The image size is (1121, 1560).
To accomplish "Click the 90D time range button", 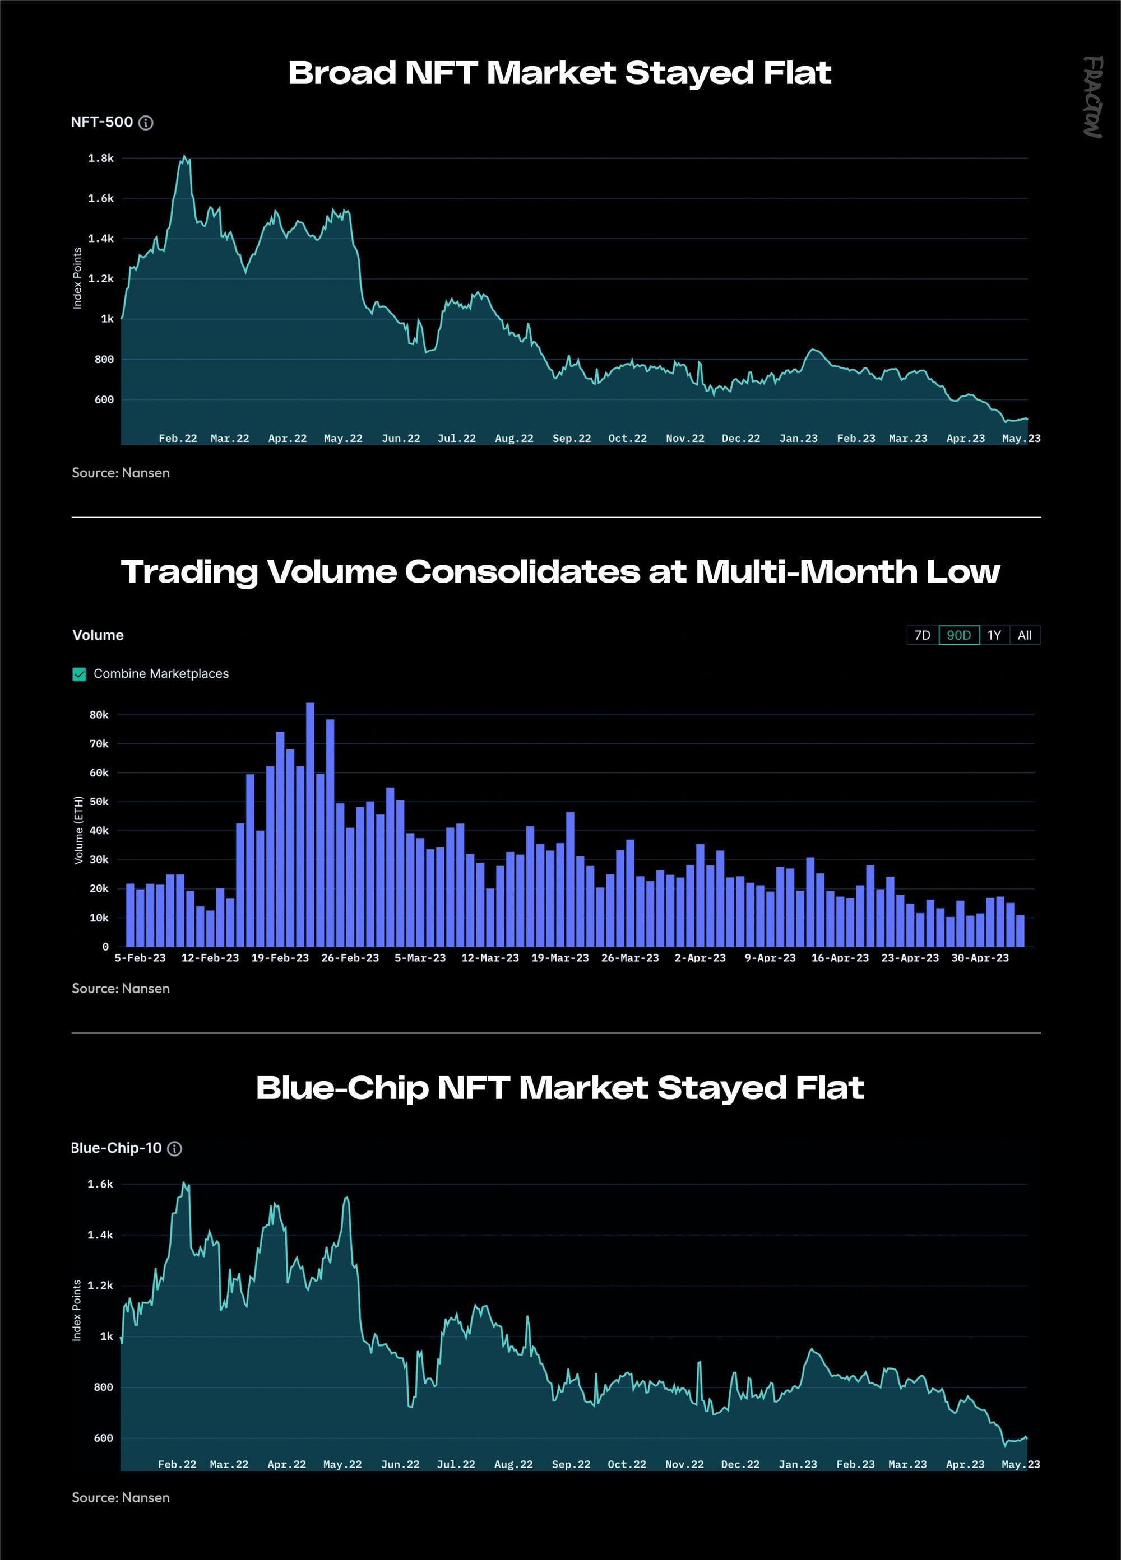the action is point(958,635).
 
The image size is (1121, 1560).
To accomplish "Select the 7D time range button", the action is point(923,635).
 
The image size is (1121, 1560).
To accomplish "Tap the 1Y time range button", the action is point(994,635).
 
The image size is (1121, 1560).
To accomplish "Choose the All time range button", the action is point(1025,635).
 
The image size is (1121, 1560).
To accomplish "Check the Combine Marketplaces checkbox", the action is point(79,674).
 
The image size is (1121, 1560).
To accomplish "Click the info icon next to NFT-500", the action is point(146,123).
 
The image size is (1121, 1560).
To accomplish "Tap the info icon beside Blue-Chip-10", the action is point(175,1149).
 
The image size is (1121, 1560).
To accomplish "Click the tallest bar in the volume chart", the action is point(309,825).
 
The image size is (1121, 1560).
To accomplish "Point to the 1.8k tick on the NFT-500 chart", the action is point(101,158).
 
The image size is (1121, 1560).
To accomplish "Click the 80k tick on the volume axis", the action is point(99,715).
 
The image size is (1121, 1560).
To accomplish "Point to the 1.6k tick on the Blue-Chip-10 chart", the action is point(100,1184).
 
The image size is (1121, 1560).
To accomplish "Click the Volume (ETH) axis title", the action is point(78,830).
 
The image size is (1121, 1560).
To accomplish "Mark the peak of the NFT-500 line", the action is point(184,156).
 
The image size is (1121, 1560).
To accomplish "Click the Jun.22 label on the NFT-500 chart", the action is point(401,438).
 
